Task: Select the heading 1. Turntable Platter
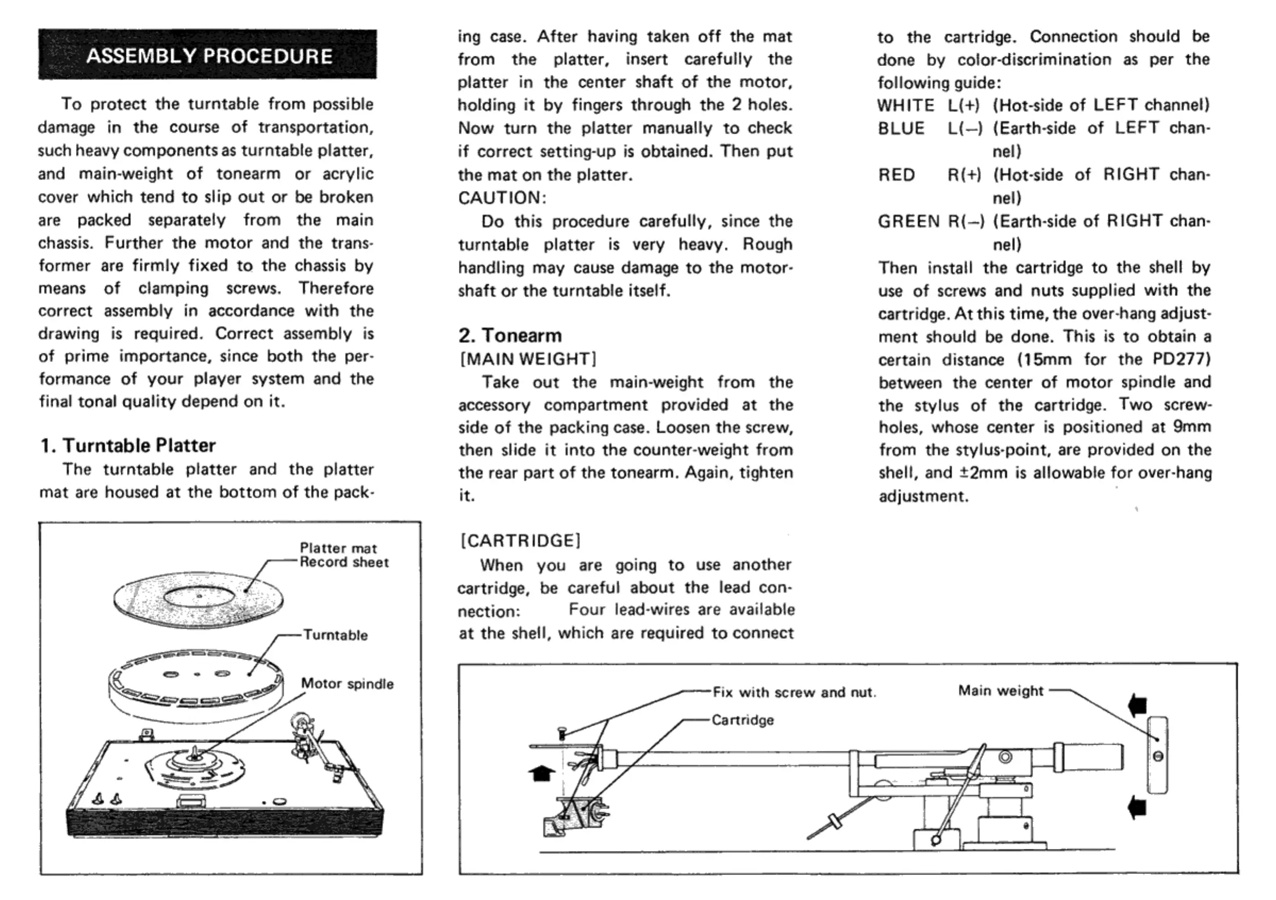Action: tap(128, 445)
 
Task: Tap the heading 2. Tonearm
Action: tap(510, 335)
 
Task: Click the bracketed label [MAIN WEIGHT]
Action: tap(528, 359)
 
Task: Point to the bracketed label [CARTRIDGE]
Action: tap(520, 540)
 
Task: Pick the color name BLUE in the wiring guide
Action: tap(901, 128)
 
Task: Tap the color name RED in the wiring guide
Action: tap(896, 175)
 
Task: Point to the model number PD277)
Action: tap(1181, 359)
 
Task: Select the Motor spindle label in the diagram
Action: tap(347, 684)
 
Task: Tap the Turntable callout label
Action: tap(335, 635)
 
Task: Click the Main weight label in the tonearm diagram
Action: tap(1001, 690)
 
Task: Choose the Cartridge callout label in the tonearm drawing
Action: tap(743, 720)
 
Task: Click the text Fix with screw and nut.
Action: tap(794, 692)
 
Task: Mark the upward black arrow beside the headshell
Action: tap(541, 772)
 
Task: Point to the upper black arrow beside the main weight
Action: tap(1138, 705)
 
